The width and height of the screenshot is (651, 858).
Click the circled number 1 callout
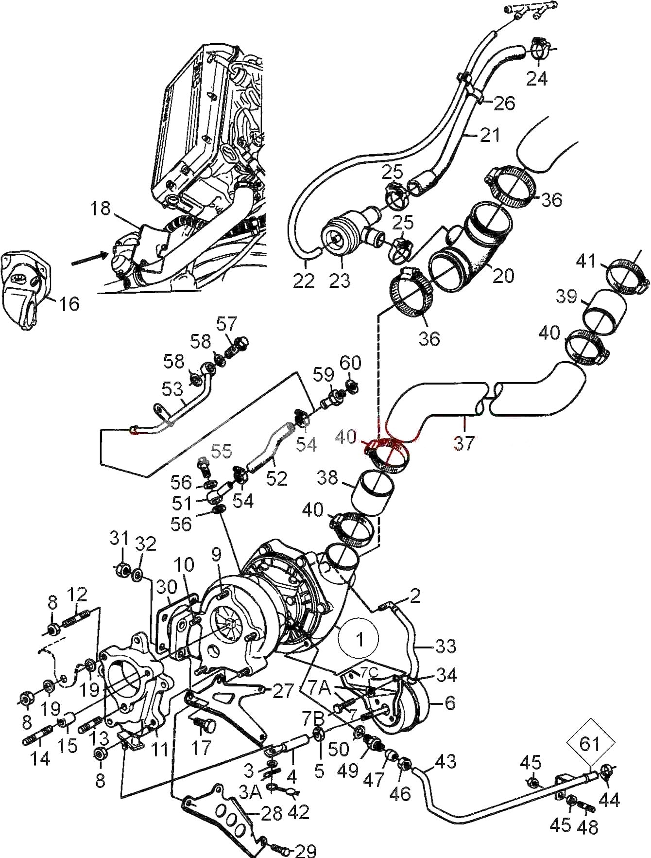[x=360, y=639]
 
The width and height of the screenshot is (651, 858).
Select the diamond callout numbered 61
[x=590, y=744]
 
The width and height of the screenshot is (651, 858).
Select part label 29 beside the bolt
[x=305, y=851]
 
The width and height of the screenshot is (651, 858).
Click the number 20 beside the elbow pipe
[x=502, y=275]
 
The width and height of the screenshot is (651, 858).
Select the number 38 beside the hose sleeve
[x=327, y=477]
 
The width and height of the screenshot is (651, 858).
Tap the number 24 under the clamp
[x=536, y=78]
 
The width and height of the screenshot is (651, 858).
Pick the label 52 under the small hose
[x=276, y=478]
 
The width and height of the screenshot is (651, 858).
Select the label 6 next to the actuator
[x=450, y=703]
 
